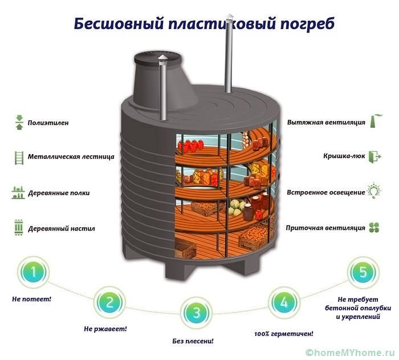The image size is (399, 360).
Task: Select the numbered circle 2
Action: coord(110,302)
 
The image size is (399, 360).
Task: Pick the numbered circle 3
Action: coord(197,313)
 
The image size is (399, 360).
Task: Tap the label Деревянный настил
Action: coord(61,228)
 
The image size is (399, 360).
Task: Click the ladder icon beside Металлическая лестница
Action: coord(18,156)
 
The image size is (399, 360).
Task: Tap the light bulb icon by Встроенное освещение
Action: coord(375,191)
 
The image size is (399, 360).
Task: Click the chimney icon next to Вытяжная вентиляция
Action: coord(375,122)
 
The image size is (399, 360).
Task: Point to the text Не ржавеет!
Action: coord(105,329)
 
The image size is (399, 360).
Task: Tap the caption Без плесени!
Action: coord(193,341)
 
